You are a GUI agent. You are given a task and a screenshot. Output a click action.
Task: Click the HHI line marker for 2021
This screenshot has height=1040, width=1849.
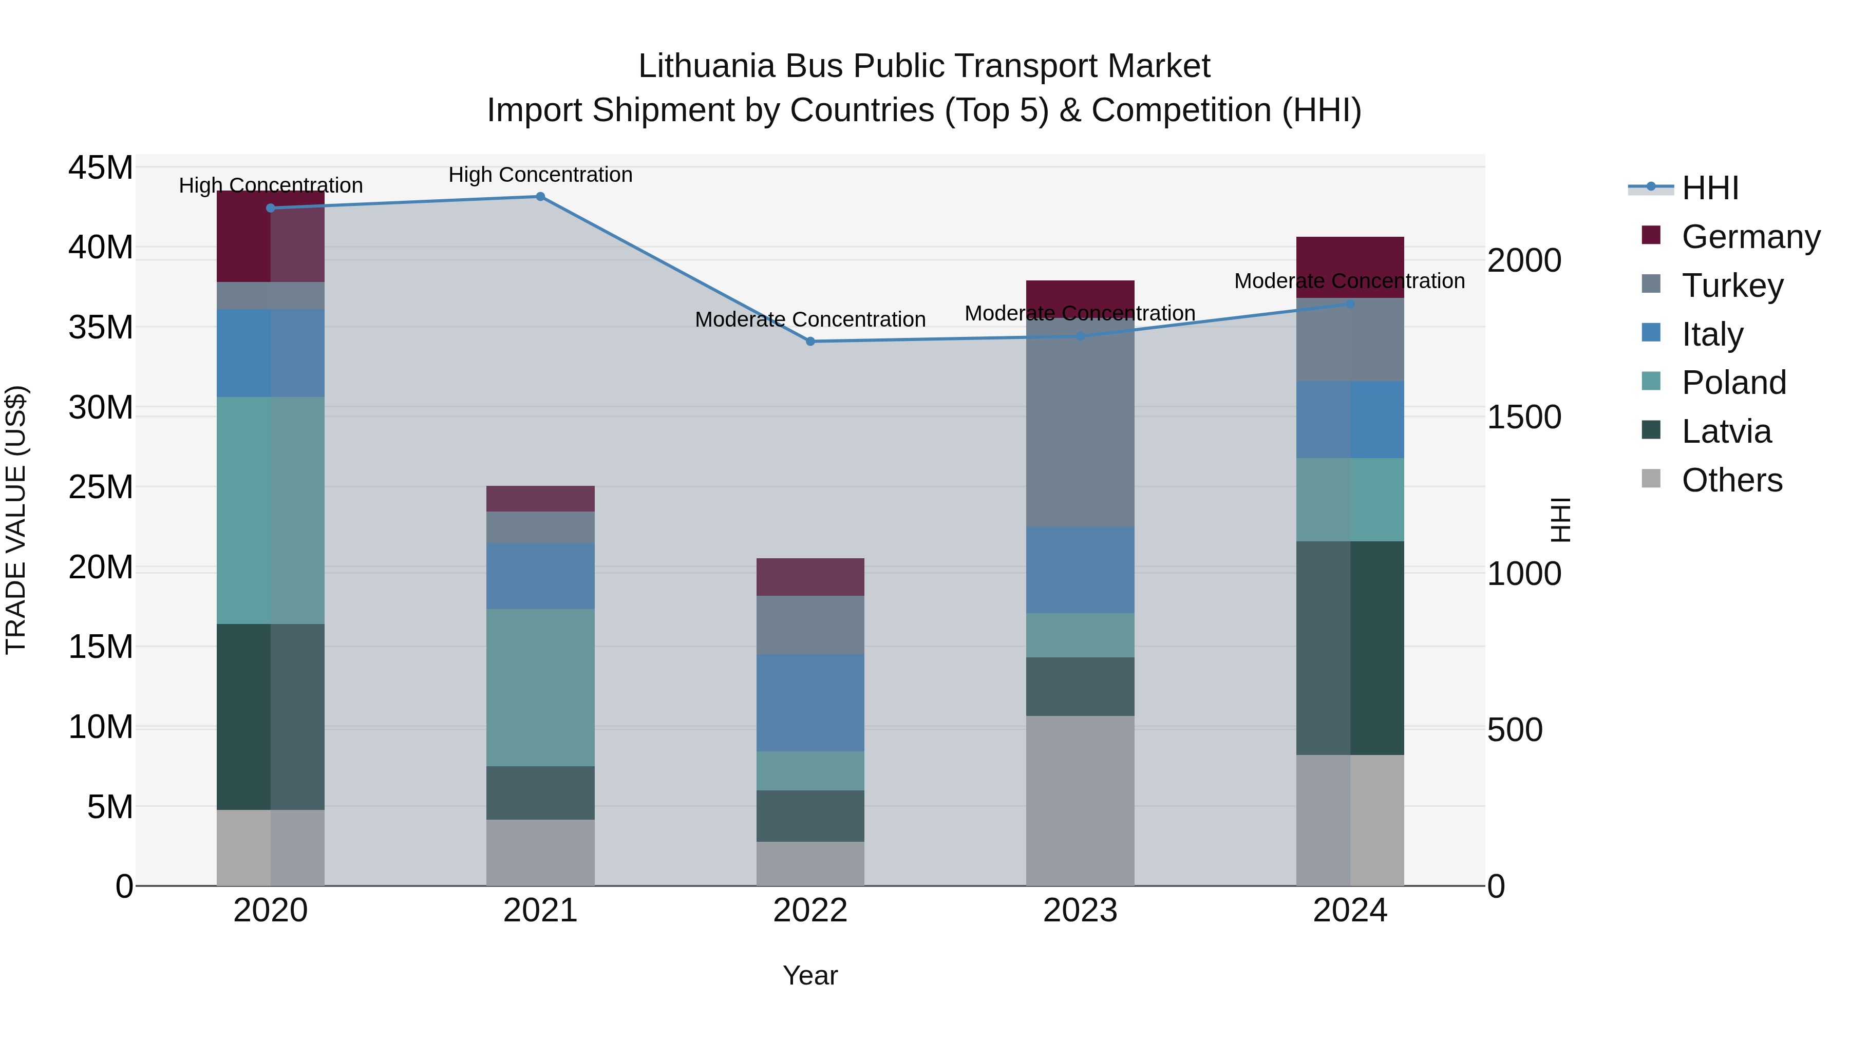pos(540,197)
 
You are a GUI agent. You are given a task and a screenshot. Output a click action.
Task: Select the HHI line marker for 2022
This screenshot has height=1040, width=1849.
pos(810,342)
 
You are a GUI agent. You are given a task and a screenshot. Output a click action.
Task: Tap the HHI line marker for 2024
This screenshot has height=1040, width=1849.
pos(1350,305)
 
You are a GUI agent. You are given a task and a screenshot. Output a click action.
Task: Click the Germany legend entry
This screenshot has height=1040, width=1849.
pos(1750,237)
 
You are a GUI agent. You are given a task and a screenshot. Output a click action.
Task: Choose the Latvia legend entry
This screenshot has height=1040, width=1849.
pos(1726,431)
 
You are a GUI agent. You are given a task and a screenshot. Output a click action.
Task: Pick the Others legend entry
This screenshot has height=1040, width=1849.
pos(1731,480)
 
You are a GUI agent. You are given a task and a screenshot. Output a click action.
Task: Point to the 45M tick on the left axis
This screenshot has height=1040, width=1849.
pos(101,168)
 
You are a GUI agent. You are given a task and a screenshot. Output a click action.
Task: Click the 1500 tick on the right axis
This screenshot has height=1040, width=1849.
pos(1524,417)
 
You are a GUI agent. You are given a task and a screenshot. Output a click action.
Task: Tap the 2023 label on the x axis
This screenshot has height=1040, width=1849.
pos(1080,911)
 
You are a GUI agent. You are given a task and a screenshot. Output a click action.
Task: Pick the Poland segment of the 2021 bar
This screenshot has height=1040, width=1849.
pos(540,688)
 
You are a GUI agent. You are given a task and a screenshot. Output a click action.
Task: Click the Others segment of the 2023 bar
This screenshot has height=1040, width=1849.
pos(1080,800)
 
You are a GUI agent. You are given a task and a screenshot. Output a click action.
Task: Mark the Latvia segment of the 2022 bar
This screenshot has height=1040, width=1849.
pos(810,816)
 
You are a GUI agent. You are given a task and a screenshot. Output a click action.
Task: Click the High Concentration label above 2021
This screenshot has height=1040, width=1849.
pos(540,175)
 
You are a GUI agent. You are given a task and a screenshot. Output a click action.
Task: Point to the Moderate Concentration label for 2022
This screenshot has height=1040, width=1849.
pos(810,319)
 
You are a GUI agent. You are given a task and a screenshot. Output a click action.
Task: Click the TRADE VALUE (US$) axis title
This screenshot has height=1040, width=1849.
pos(16,520)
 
